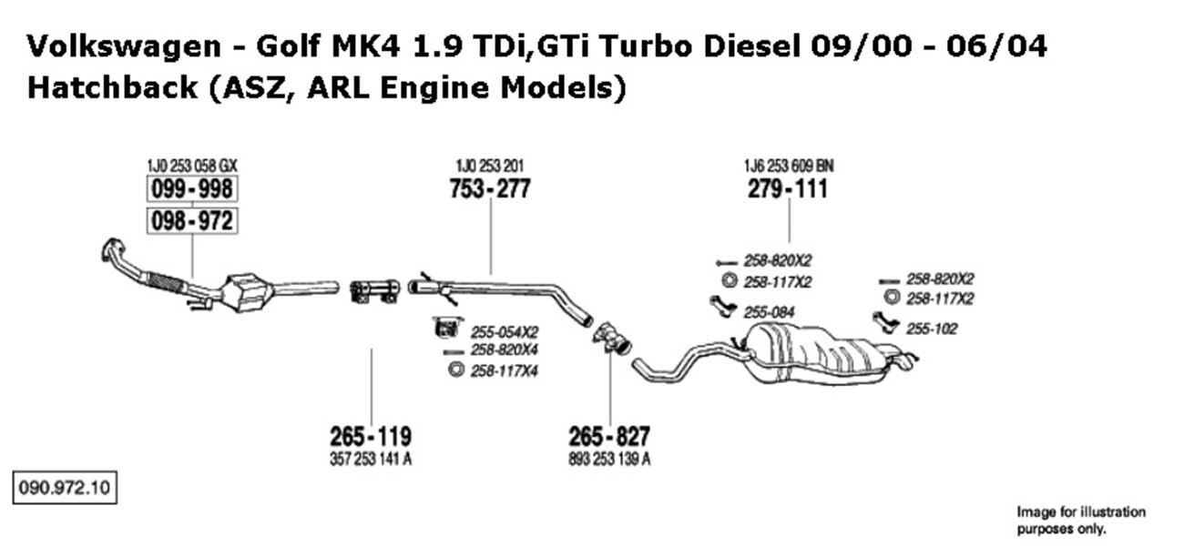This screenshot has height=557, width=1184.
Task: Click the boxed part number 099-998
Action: (x=192, y=189)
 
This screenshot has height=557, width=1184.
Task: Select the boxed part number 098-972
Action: (x=192, y=220)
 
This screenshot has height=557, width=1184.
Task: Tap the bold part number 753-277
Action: (x=490, y=189)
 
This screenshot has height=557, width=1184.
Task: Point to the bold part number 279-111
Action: (x=788, y=189)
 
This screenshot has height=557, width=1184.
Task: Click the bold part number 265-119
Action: (x=371, y=437)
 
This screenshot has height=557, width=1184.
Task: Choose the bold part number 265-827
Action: (x=609, y=437)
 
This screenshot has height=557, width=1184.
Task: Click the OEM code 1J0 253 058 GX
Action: (x=192, y=166)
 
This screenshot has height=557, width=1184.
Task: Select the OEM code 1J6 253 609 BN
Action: (x=789, y=166)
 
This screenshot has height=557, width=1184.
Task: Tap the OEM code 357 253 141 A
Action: (x=371, y=460)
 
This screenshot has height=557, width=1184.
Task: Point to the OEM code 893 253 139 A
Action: (x=609, y=460)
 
